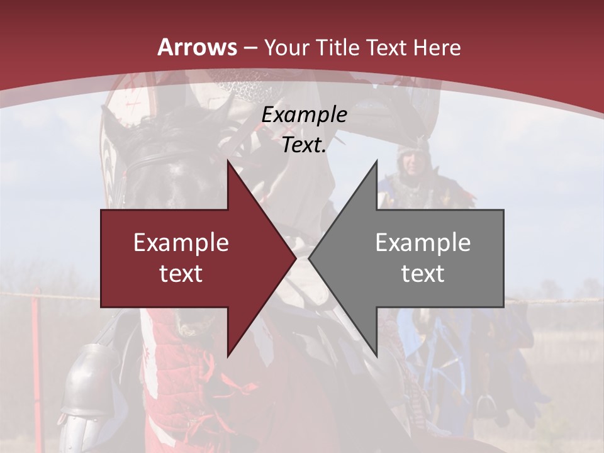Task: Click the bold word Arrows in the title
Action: pyautogui.click(x=198, y=47)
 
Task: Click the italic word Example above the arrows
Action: pyautogui.click(x=304, y=115)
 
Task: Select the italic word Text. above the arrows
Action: pyautogui.click(x=304, y=145)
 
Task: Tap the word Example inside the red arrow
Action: pyautogui.click(x=181, y=243)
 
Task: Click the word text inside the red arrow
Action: pyautogui.click(x=181, y=273)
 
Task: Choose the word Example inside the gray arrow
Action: pyautogui.click(x=423, y=243)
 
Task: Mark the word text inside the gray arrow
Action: pyautogui.click(x=423, y=273)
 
